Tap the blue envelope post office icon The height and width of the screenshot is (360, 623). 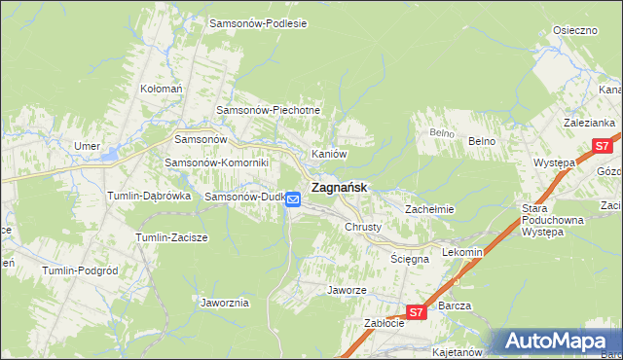(x=294, y=199)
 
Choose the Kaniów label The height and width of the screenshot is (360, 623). (x=329, y=154)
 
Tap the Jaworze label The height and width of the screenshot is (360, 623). (x=347, y=290)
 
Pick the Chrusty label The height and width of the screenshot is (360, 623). (x=363, y=227)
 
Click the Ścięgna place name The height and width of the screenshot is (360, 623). (x=410, y=260)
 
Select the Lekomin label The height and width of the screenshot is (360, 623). (x=462, y=252)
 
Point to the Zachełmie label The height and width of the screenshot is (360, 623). (x=429, y=209)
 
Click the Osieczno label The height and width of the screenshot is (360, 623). (x=574, y=30)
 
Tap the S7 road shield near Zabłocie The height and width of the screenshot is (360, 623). (x=416, y=312)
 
